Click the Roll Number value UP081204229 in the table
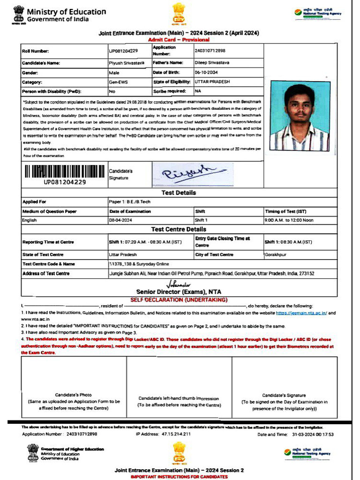[x=123, y=51]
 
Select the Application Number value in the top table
[x=210, y=51]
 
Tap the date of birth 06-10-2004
[x=207, y=73]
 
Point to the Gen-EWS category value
[x=118, y=82]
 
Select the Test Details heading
[x=179, y=193]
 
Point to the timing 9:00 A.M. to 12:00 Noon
[x=289, y=220]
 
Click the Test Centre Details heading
[x=179, y=229]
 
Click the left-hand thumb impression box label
[x=179, y=401]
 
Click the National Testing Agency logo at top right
[x=317, y=13]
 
